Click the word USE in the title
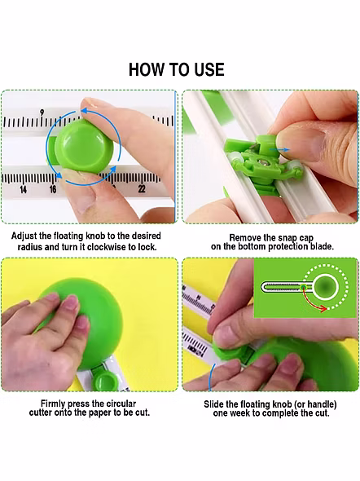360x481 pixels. (209, 69)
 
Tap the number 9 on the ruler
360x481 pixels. (42, 113)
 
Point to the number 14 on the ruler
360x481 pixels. (23, 190)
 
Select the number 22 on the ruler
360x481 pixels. (141, 189)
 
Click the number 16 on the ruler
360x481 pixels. (53, 189)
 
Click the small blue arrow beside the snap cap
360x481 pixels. (279, 150)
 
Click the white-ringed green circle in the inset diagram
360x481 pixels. (326, 287)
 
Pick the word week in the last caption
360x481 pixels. (241, 413)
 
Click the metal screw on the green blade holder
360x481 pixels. (263, 161)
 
